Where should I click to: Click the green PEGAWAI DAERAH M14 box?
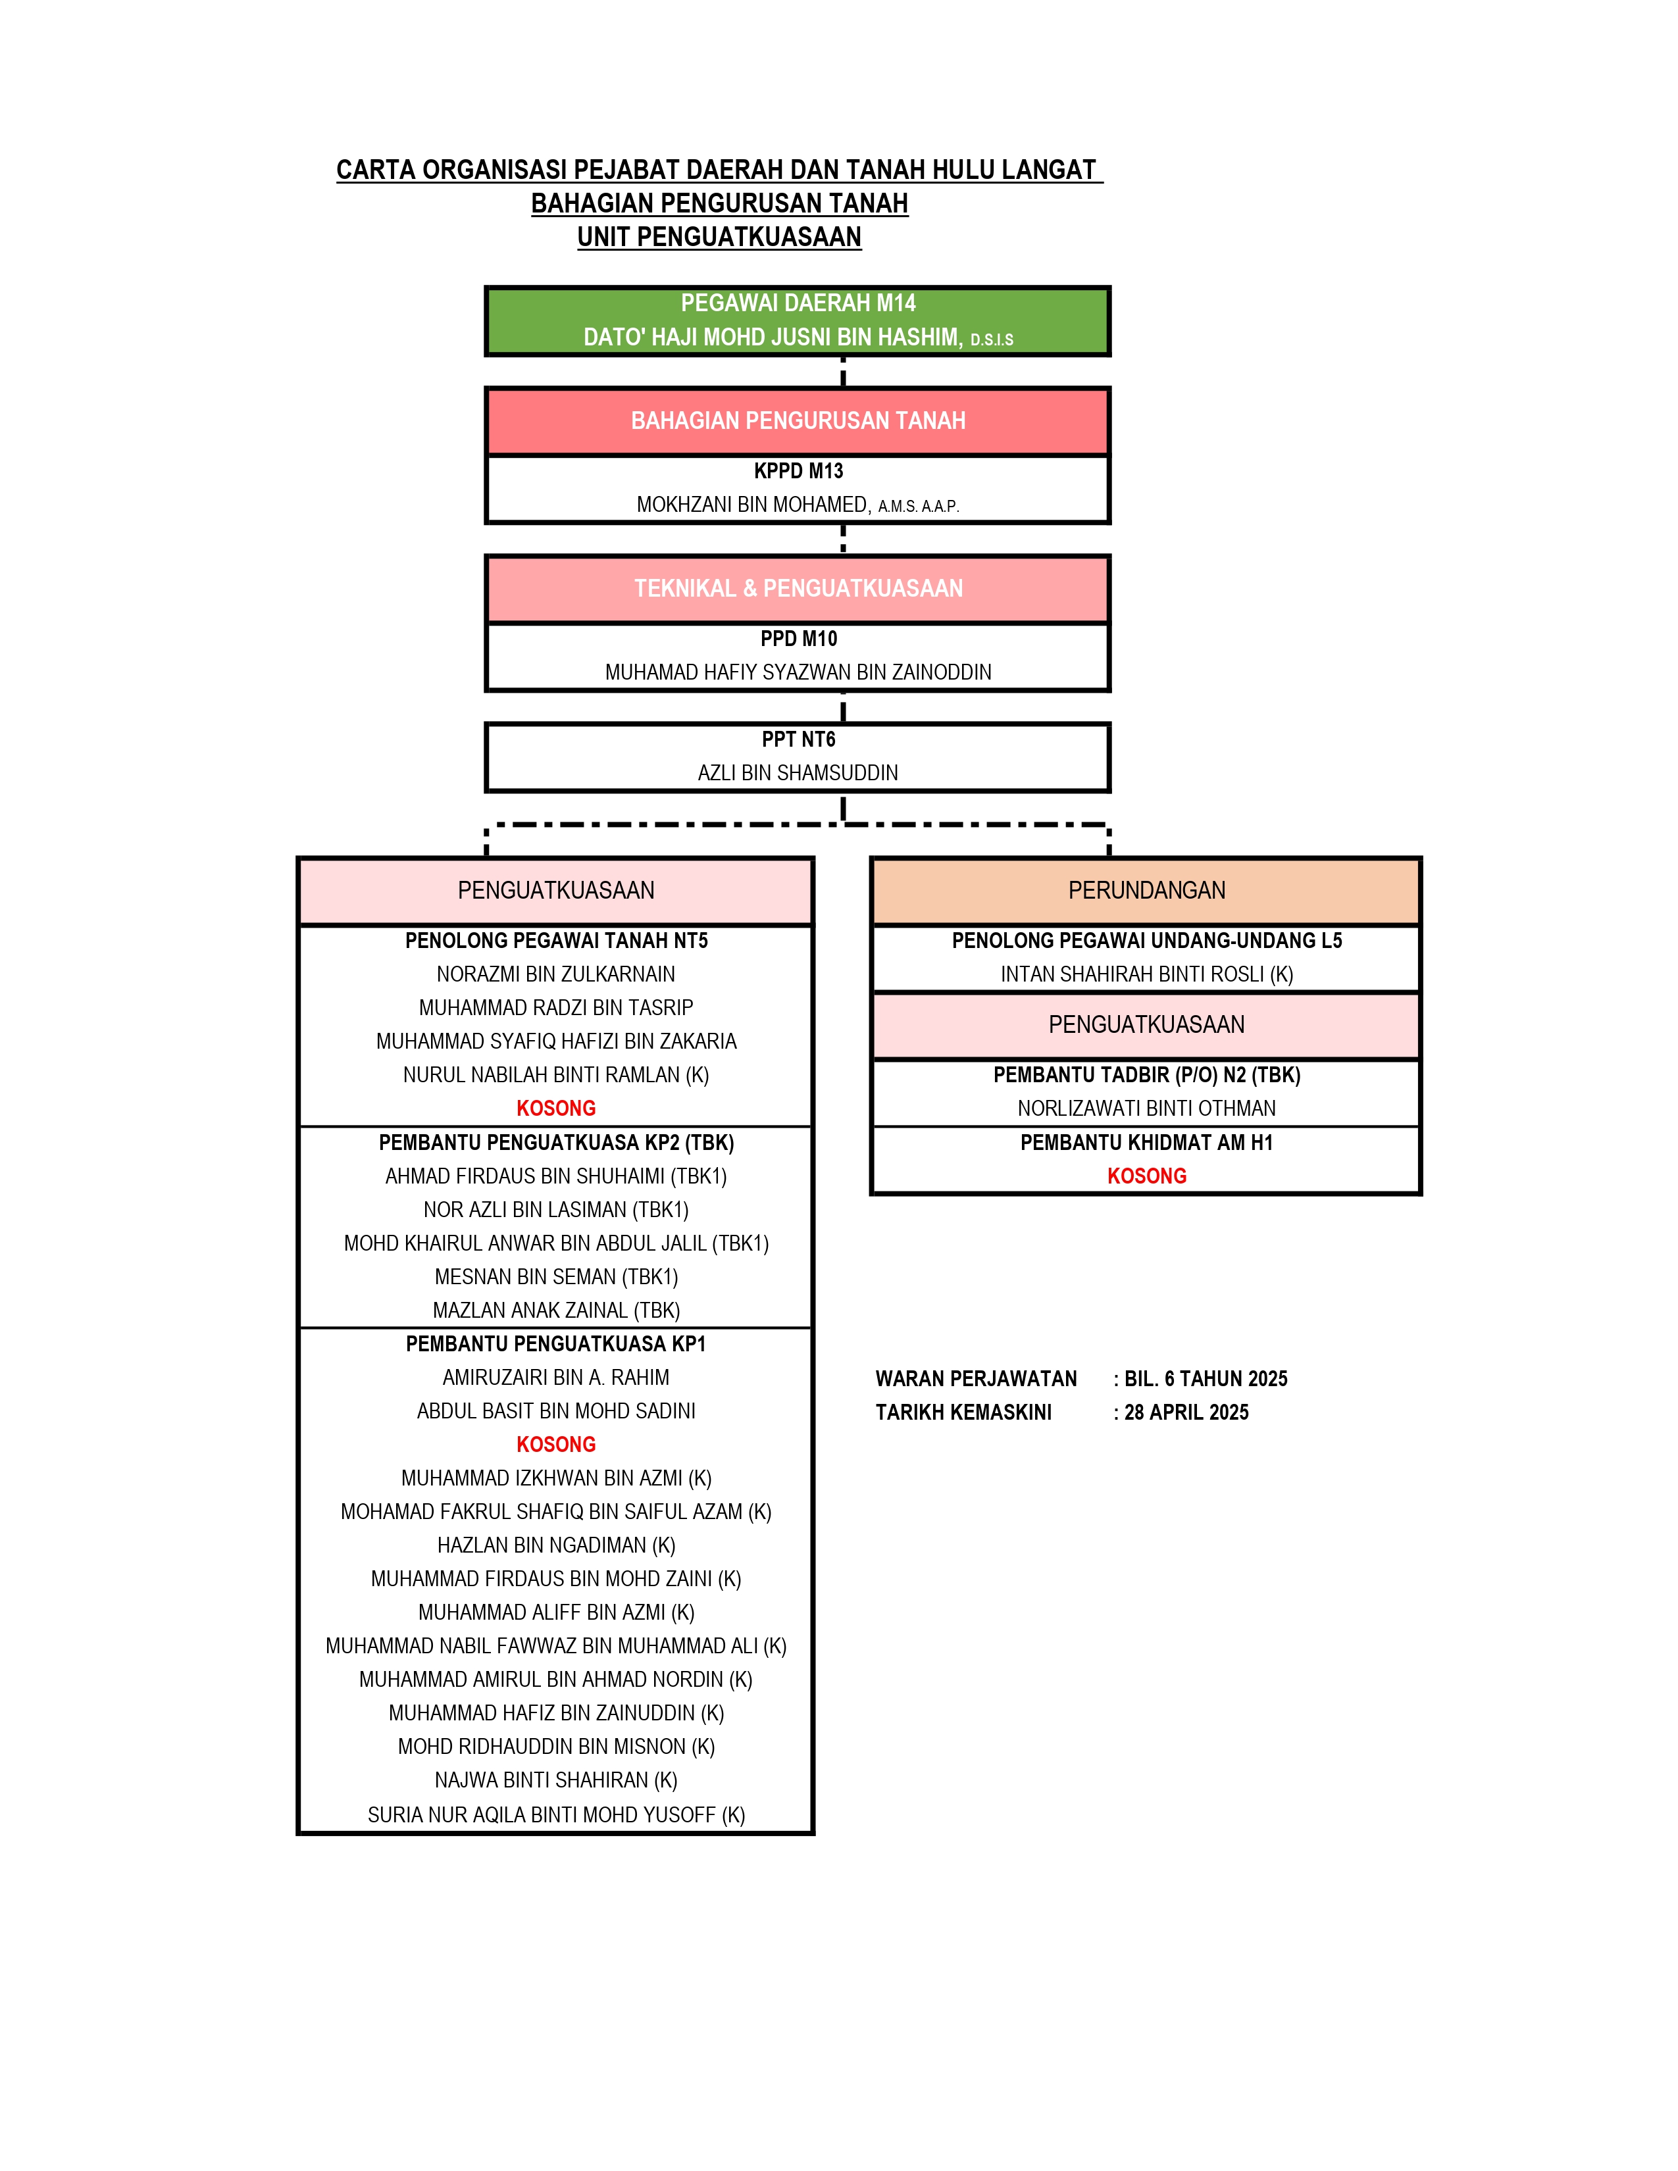click(x=798, y=321)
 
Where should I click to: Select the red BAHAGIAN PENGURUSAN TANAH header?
click(x=798, y=420)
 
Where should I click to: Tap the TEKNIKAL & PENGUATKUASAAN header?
click(x=798, y=589)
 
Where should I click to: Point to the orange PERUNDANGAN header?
click(x=1146, y=891)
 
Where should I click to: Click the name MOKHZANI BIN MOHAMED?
click(x=753, y=505)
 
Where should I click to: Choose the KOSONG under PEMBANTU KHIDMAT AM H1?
click(x=1146, y=1176)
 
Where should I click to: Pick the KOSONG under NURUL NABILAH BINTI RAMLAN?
click(x=555, y=1109)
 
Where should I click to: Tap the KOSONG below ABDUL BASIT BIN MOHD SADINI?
click(x=555, y=1444)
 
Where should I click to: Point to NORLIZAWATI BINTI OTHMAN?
click(x=1146, y=1109)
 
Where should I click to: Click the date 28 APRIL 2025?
click(x=1186, y=1412)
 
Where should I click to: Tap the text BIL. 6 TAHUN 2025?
click(x=1206, y=1379)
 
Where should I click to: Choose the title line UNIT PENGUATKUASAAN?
click(x=719, y=237)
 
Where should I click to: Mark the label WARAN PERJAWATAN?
click(x=976, y=1379)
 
